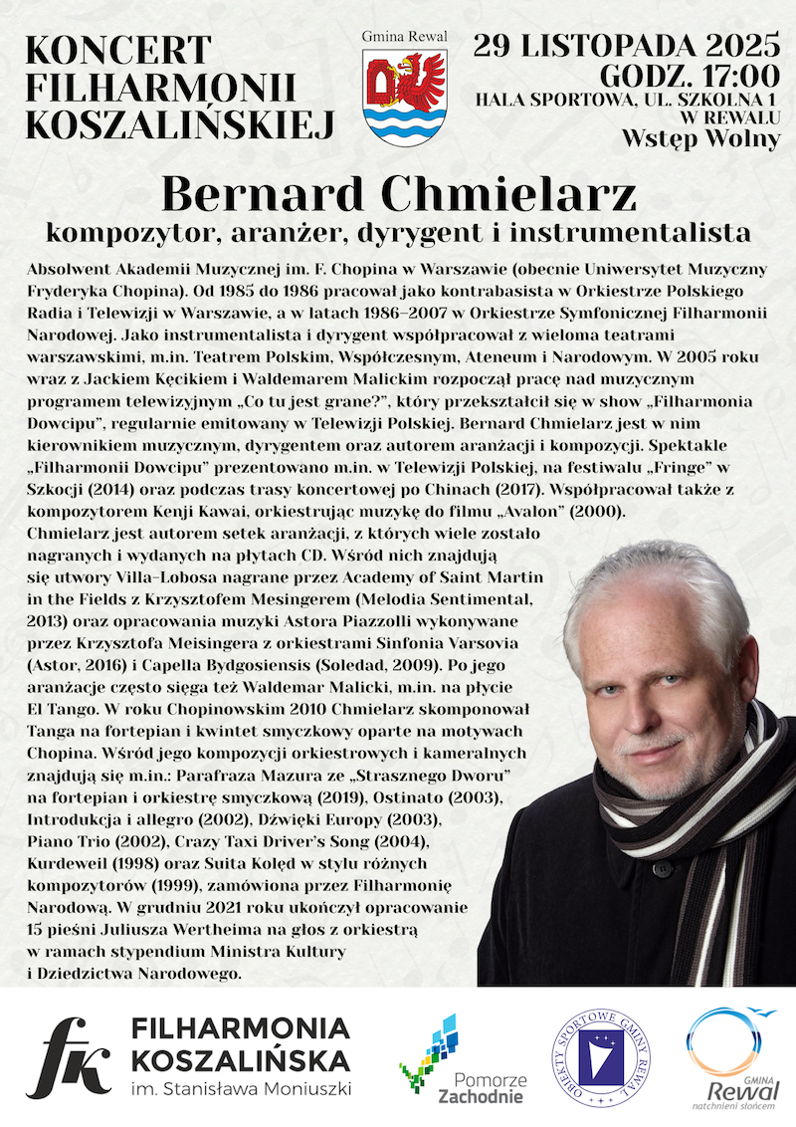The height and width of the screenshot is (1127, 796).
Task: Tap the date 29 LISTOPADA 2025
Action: (626, 45)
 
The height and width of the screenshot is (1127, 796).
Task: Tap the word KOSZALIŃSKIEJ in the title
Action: (178, 122)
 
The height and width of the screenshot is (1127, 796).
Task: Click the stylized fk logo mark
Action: (69, 1057)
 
